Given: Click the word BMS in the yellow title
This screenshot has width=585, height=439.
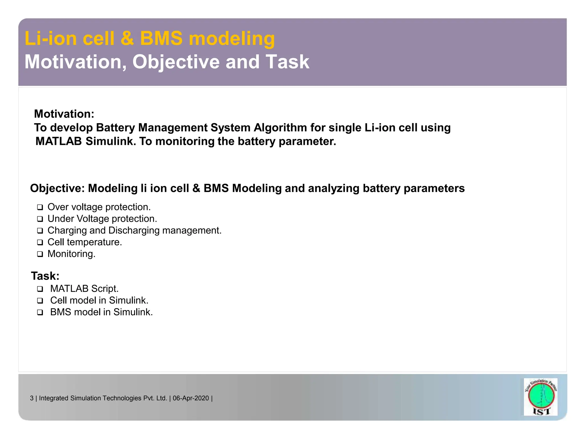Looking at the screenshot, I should click(161, 38).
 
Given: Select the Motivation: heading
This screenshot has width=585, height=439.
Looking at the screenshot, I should click(64, 114).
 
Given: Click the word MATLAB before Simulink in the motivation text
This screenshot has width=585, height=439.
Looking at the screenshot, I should click(59, 141).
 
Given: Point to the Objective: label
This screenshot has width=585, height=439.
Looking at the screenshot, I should click(57, 188).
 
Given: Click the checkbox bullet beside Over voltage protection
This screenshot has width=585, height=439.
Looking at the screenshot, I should click(40, 207).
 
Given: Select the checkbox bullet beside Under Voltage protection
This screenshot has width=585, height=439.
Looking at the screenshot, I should click(40, 219).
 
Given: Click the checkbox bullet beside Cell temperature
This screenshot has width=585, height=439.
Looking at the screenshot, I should click(40, 242).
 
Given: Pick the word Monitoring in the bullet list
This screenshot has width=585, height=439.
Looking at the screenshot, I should click(71, 254).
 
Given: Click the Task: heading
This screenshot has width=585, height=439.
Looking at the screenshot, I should click(45, 276).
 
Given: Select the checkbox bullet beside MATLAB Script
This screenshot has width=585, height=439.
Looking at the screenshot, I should click(40, 289).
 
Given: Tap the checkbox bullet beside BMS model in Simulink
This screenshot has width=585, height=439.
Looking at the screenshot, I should click(40, 312).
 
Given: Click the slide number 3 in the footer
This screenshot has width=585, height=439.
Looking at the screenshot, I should click(32, 398).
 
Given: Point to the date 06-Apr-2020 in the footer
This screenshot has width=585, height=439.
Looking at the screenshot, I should click(191, 398).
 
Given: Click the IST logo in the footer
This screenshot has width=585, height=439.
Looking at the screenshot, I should click(541, 397).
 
